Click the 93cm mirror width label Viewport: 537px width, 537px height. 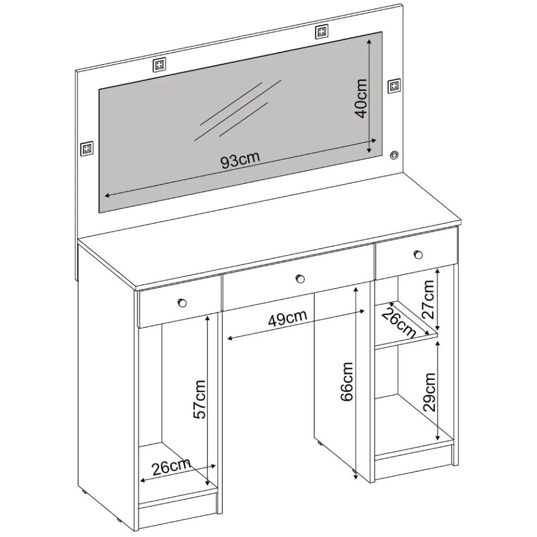coord(241,161)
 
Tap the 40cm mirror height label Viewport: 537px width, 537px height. coord(361,98)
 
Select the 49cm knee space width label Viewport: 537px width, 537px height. coord(287,319)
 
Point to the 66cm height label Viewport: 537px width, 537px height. coord(347,381)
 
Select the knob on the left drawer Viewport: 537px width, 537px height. coord(181,302)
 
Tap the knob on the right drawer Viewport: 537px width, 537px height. coord(418,255)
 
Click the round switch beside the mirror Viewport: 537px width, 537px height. coord(394,155)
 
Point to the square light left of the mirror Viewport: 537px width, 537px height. coord(87,148)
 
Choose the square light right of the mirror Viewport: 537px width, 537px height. coord(394,86)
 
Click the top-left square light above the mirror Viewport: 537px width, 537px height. coord(159,65)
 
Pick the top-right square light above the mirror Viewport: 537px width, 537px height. coord(321,32)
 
